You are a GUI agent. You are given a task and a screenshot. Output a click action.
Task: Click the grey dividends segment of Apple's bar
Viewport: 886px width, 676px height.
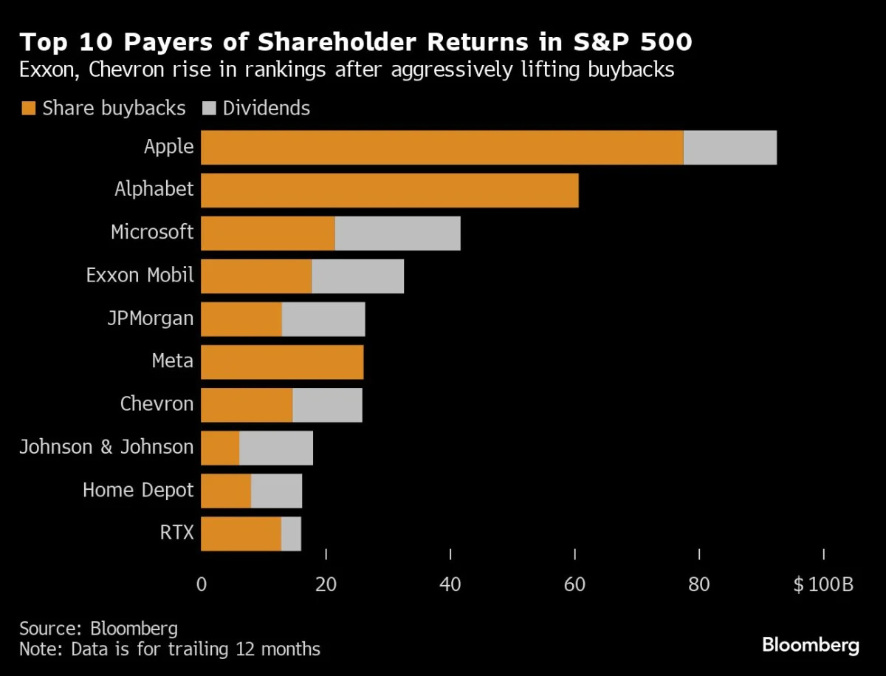pos(729,148)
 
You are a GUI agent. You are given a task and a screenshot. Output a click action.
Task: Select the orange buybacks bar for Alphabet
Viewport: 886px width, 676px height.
pos(389,191)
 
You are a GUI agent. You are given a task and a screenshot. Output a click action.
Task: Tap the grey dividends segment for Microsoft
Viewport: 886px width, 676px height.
pos(397,233)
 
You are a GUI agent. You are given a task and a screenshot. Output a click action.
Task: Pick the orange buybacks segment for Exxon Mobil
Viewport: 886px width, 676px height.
pos(256,276)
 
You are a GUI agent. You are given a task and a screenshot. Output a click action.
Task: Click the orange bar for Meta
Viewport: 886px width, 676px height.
pos(282,362)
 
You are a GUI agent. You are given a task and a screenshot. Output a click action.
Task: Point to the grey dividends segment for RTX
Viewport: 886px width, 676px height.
pos(291,533)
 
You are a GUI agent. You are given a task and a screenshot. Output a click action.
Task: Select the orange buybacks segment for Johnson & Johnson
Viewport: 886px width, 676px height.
pos(220,448)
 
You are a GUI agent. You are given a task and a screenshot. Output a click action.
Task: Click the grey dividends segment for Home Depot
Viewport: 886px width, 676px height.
pos(276,491)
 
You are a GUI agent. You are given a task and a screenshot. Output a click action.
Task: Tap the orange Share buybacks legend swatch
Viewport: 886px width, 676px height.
pos(29,109)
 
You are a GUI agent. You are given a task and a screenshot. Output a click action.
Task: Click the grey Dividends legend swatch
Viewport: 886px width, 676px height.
pos(209,109)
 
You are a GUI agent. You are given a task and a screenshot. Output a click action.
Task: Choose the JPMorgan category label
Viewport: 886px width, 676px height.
pos(150,319)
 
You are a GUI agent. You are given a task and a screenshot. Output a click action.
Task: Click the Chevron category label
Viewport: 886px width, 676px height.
pos(157,404)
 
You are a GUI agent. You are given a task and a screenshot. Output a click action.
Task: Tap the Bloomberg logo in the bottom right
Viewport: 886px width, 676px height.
pos(810,644)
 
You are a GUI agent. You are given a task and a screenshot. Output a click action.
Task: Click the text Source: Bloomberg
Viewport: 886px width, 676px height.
pos(98,629)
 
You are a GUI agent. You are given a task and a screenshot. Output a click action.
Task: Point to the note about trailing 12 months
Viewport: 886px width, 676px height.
pos(170,649)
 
